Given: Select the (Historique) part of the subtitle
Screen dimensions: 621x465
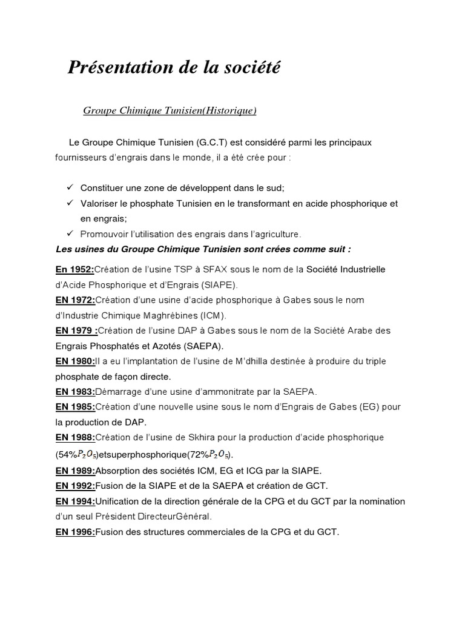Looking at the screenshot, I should (x=221, y=110).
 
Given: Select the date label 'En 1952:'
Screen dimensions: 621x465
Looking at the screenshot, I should (x=74, y=269).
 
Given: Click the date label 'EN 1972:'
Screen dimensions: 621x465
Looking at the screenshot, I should (x=75, y=300).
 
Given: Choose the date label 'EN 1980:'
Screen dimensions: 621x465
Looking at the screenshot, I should (x=75, y=361).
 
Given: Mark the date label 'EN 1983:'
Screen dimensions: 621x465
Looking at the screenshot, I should (x=75, y=391).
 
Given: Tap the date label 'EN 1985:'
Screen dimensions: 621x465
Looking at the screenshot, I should (x=75, y=406).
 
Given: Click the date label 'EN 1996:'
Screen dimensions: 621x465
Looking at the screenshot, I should (x=75, y=532).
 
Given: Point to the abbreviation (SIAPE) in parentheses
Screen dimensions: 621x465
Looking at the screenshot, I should (x=222, y=284).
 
